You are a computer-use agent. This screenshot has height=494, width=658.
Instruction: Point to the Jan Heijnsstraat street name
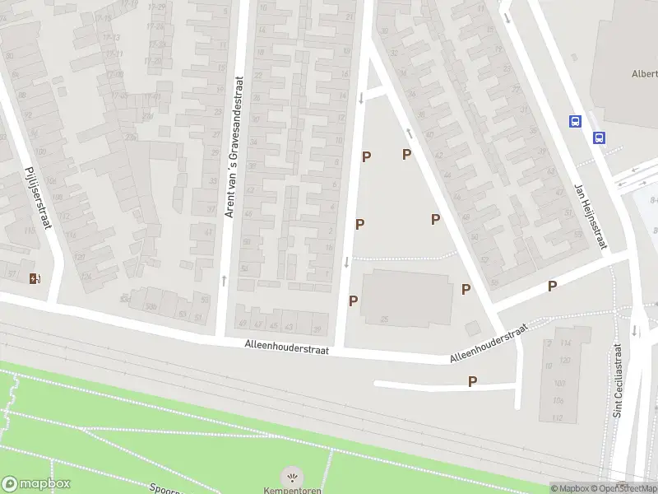click(x=591, y=217)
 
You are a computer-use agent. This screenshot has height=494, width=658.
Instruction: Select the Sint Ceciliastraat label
click(x=618, y=383)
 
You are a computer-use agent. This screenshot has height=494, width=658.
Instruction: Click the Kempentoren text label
click(x=291, y=490)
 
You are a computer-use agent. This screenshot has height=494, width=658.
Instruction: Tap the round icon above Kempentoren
click(x=291, y=476)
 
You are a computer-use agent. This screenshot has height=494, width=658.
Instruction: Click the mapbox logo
click(x=36, y=484)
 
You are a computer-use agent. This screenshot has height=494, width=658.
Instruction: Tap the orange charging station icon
click(x=35, y=278)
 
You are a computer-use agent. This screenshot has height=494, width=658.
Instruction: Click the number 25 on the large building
click(x=384, y=319)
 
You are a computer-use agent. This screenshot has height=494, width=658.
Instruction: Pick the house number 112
click(x=558, y=418)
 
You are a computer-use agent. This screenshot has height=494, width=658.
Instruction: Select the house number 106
click(x=558, y=401)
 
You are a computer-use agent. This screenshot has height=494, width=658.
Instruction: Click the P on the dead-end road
click(x=472, y=381)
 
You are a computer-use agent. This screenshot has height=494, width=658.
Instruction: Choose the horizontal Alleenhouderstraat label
click(x=286, y=350)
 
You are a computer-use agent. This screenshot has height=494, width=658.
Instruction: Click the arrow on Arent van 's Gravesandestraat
click(x=224, y=281)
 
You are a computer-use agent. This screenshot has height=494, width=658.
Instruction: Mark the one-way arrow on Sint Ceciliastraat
click(x=635, y=331)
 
